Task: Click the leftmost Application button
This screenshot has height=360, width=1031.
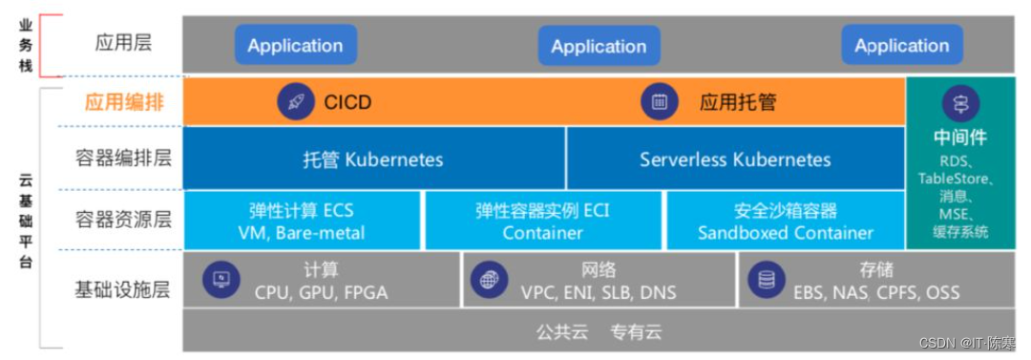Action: click(x=295, y=45)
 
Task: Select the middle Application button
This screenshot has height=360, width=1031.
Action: click(x=599, y=46)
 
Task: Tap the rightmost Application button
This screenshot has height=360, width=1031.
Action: click(x=902, y=45)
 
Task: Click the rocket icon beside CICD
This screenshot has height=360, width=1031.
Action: click(x=296, y=102)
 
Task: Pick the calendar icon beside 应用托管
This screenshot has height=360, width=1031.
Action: click(x=660, y=102)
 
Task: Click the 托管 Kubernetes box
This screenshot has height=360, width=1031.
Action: click(x=373, y=159)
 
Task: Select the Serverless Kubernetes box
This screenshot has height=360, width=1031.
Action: click(x=735, y=159)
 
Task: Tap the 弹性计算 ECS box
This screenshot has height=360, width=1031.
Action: click(x=301, y=221)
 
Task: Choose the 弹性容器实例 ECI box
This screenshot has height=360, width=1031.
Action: click(x=542, y=221)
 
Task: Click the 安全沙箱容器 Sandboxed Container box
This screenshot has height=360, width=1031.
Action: click(x=785, y=221)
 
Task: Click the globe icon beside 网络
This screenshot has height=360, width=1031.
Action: click(x=489, y=280)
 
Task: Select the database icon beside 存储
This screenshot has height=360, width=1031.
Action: click(x=766, y=280)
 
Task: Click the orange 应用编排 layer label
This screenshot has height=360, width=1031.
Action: click(x=124, y=102)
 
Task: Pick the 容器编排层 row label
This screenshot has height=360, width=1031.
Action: click(x=124, y=159)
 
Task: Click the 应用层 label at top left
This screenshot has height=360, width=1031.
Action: click(x=124, y=43)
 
